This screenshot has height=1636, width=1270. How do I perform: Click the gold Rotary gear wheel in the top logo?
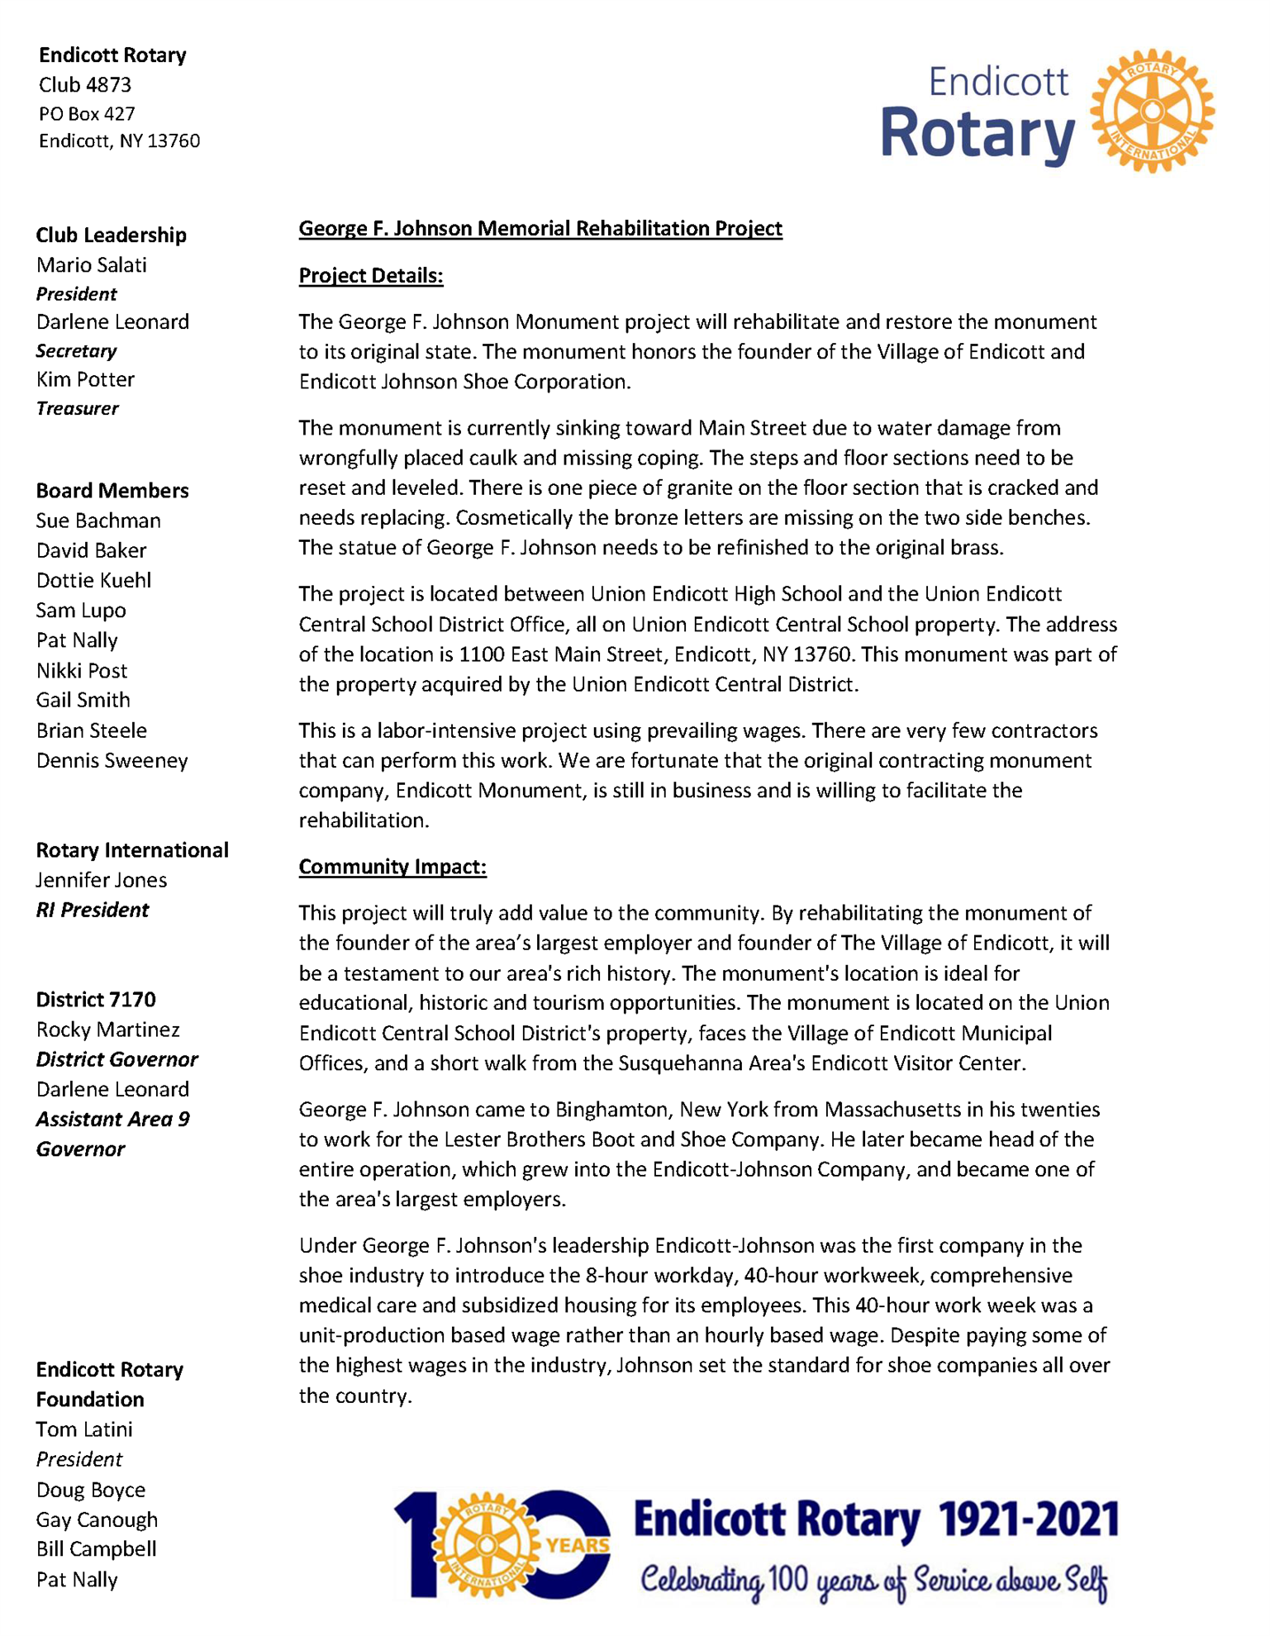click(1152, 111)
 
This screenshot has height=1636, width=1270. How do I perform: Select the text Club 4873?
click(85, 85)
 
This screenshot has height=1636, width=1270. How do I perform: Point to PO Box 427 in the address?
click(87, 114)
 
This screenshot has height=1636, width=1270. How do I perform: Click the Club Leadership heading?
click(111, 235)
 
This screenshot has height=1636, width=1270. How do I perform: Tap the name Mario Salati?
click(92, 265)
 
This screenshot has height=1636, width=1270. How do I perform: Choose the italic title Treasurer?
click(77, 408)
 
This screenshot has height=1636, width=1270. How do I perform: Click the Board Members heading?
click(112, 491)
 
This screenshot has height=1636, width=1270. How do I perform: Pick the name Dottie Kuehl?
click(93, 580)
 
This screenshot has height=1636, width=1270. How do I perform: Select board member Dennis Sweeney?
click(112, 760)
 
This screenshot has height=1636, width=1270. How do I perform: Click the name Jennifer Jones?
click(101, 880)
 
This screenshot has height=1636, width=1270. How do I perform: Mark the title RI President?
click(92, 910)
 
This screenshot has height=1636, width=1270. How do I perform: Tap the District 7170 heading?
click(96, 1000)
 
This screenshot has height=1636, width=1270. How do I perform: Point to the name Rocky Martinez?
click(107, 1030)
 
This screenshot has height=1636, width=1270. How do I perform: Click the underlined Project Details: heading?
click(371, 276)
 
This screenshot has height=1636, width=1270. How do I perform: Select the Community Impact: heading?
click(392, 867)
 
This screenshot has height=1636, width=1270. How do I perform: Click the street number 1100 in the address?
click(482, 654)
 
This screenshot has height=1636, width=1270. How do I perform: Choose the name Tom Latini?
click(84, 1429)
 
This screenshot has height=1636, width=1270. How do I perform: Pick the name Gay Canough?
click(97, 1519)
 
